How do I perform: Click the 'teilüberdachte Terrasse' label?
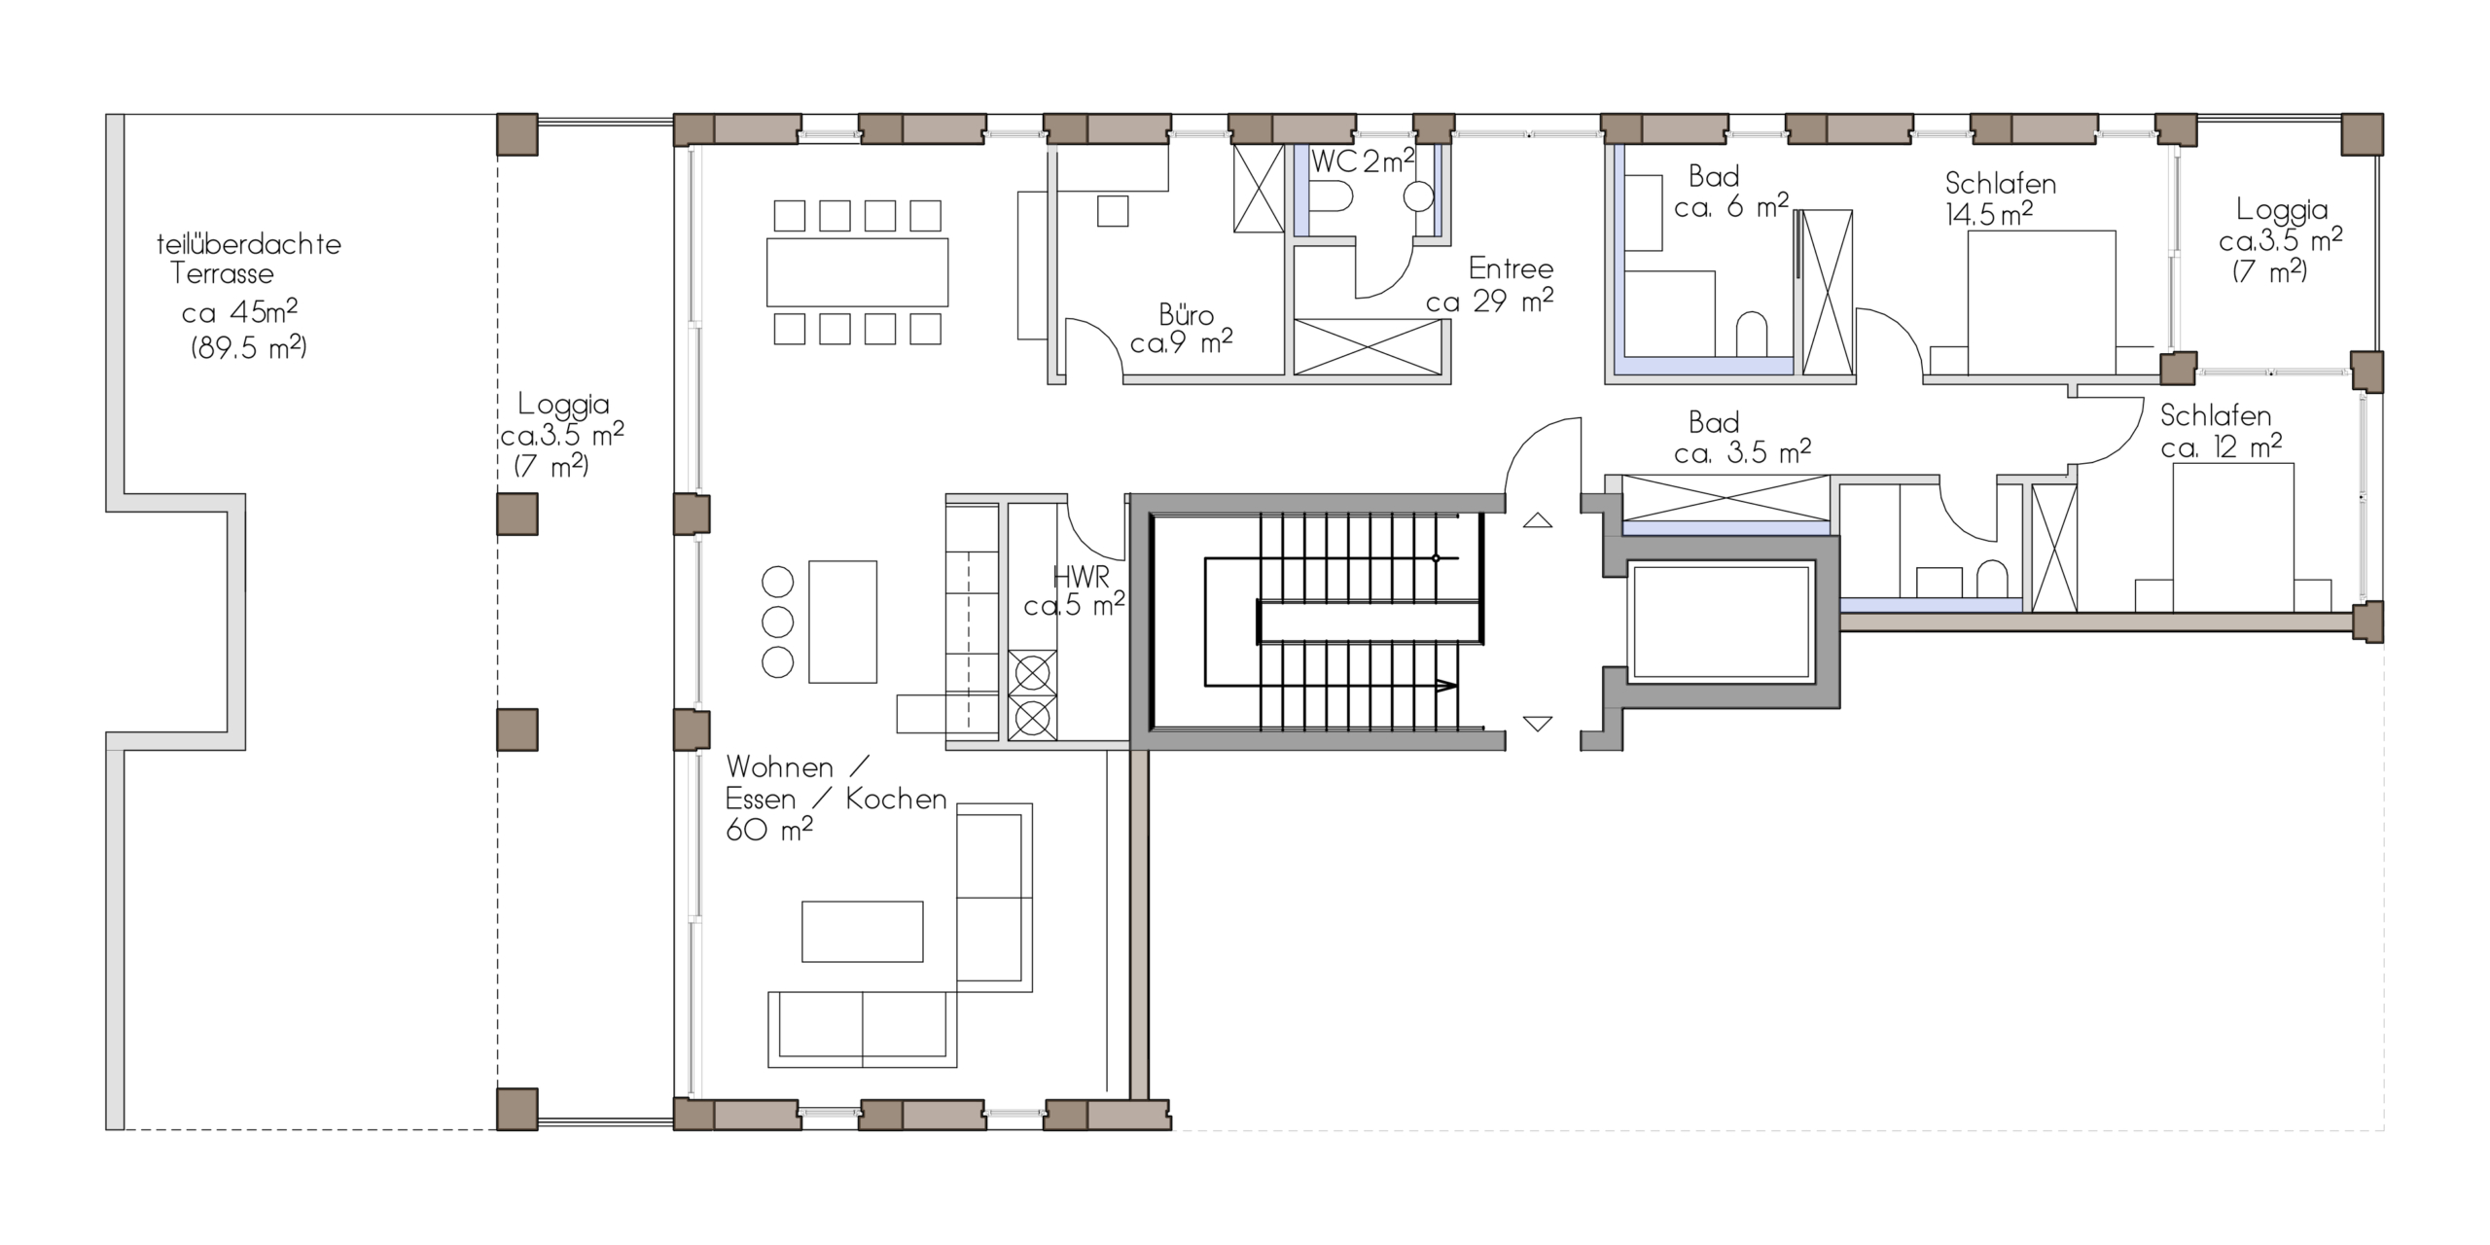(248, 259)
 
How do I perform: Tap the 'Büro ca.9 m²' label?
(1183, 329)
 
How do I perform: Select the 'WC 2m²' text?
(1361, 161)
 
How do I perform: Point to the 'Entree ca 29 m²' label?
(1492, 285)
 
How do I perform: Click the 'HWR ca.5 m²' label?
(1076, 591)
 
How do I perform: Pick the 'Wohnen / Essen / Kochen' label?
(835, 798)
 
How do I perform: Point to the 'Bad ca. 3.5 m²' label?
(1741, 438)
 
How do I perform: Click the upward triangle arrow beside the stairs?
(1537, 520)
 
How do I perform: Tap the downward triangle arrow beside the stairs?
(1537, 724)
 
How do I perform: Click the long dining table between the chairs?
(857, 272)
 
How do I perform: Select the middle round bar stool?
(777, 622)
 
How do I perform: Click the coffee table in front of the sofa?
(862, 931)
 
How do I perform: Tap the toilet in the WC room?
(1330, 199)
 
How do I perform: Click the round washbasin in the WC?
(1418, 197)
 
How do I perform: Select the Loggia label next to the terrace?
(562, 434)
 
